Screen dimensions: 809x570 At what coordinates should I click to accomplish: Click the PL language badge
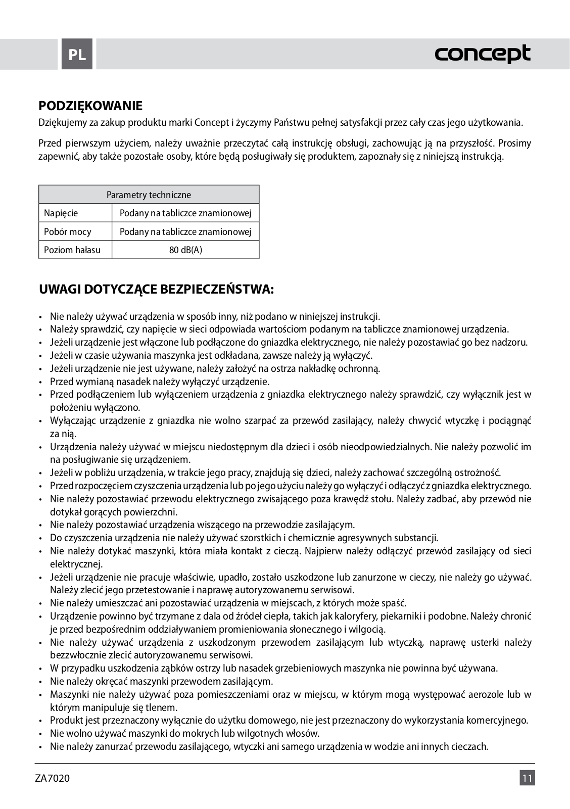click(x=77, y=54)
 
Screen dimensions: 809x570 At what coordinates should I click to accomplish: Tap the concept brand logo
click(x=483, y=54)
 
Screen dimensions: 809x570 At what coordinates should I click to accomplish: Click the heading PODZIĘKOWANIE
click(x=90, y=106)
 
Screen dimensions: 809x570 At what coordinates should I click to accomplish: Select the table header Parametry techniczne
click(x=149, y=195)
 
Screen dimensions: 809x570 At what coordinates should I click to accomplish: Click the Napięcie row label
click(x=61, y=213)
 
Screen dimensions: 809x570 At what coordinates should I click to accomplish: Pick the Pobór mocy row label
click(x=68, y=232)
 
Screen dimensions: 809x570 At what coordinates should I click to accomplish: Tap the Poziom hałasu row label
click(x=72, y=250)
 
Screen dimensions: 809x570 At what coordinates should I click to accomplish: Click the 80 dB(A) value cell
click(x=185, y=250)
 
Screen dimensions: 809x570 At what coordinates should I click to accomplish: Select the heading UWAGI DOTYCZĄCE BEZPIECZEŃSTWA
click(x=157, y=290)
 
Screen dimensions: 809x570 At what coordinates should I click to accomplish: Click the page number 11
click(x=527, y=778)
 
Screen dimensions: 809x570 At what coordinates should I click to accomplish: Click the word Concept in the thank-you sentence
click(x=212, y=123)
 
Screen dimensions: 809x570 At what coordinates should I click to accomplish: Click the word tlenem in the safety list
click(x=164, y=708)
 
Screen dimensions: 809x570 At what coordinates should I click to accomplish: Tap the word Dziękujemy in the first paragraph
click(x=61, y=123)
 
